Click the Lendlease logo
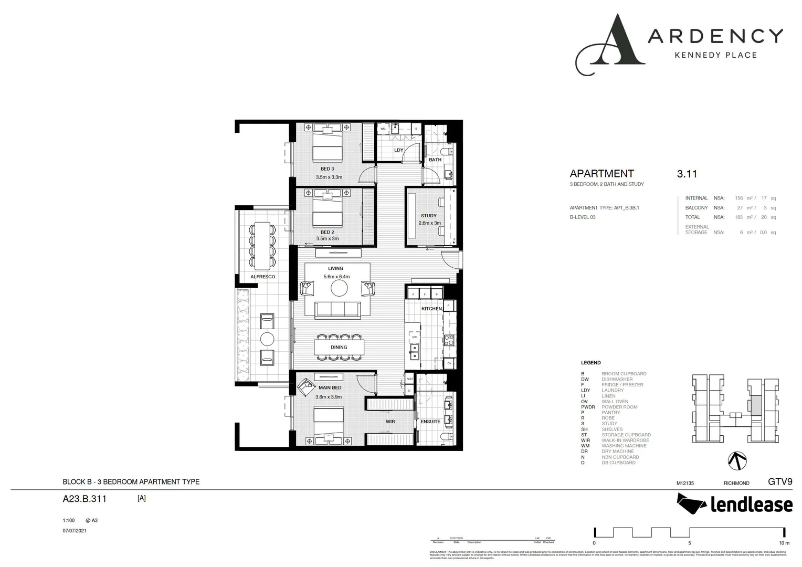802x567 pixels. click(734, 505)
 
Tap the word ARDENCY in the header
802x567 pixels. click(715, 36)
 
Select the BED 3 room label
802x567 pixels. click(327, 169)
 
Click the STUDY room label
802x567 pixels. click(428, 216)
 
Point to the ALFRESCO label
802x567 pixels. click(262, 277)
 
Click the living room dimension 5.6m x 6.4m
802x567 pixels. click(336, 277)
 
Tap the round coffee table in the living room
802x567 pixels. click(339, 288)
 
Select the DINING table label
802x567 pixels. click(339, 347)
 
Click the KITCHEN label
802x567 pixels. click(431, 309)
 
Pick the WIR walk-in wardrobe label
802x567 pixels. click(390, 422)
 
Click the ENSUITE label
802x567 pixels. click(430, 422)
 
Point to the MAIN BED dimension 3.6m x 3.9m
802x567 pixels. click(329, 397)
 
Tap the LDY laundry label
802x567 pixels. click(398, 150)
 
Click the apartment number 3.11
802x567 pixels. click(687, 174)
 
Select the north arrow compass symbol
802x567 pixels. click(737, 460)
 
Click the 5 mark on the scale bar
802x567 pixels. click(689, 543)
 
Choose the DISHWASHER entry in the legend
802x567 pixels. click(617, 379)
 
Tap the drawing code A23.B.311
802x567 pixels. click(85, 499)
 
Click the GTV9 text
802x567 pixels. click(779, 481)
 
